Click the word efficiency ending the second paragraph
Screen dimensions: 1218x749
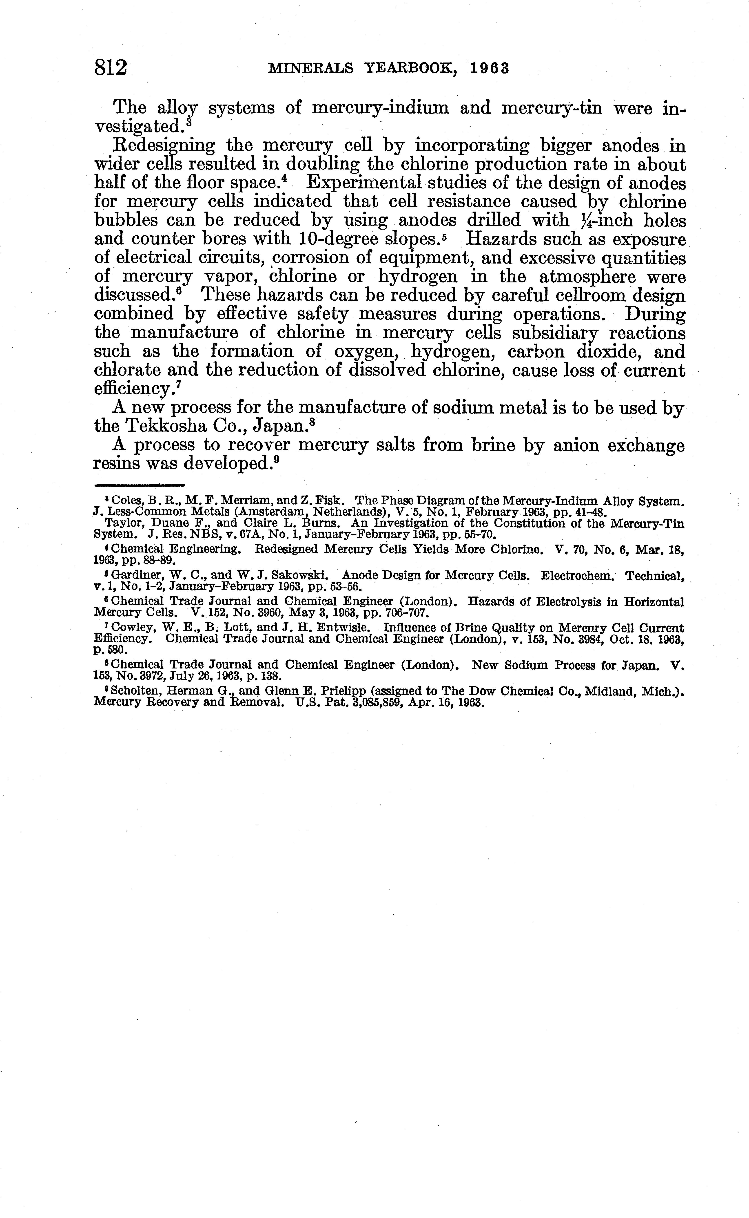134,389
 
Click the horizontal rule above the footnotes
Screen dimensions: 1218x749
139,485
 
